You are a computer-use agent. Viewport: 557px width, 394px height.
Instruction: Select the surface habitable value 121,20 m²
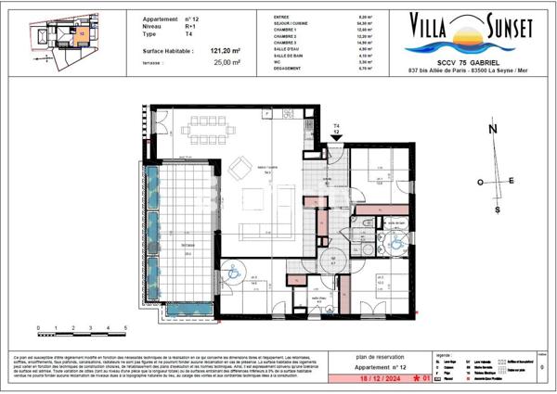click(225, 52)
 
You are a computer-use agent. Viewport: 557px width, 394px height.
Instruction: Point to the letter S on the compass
click(499, 210)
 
